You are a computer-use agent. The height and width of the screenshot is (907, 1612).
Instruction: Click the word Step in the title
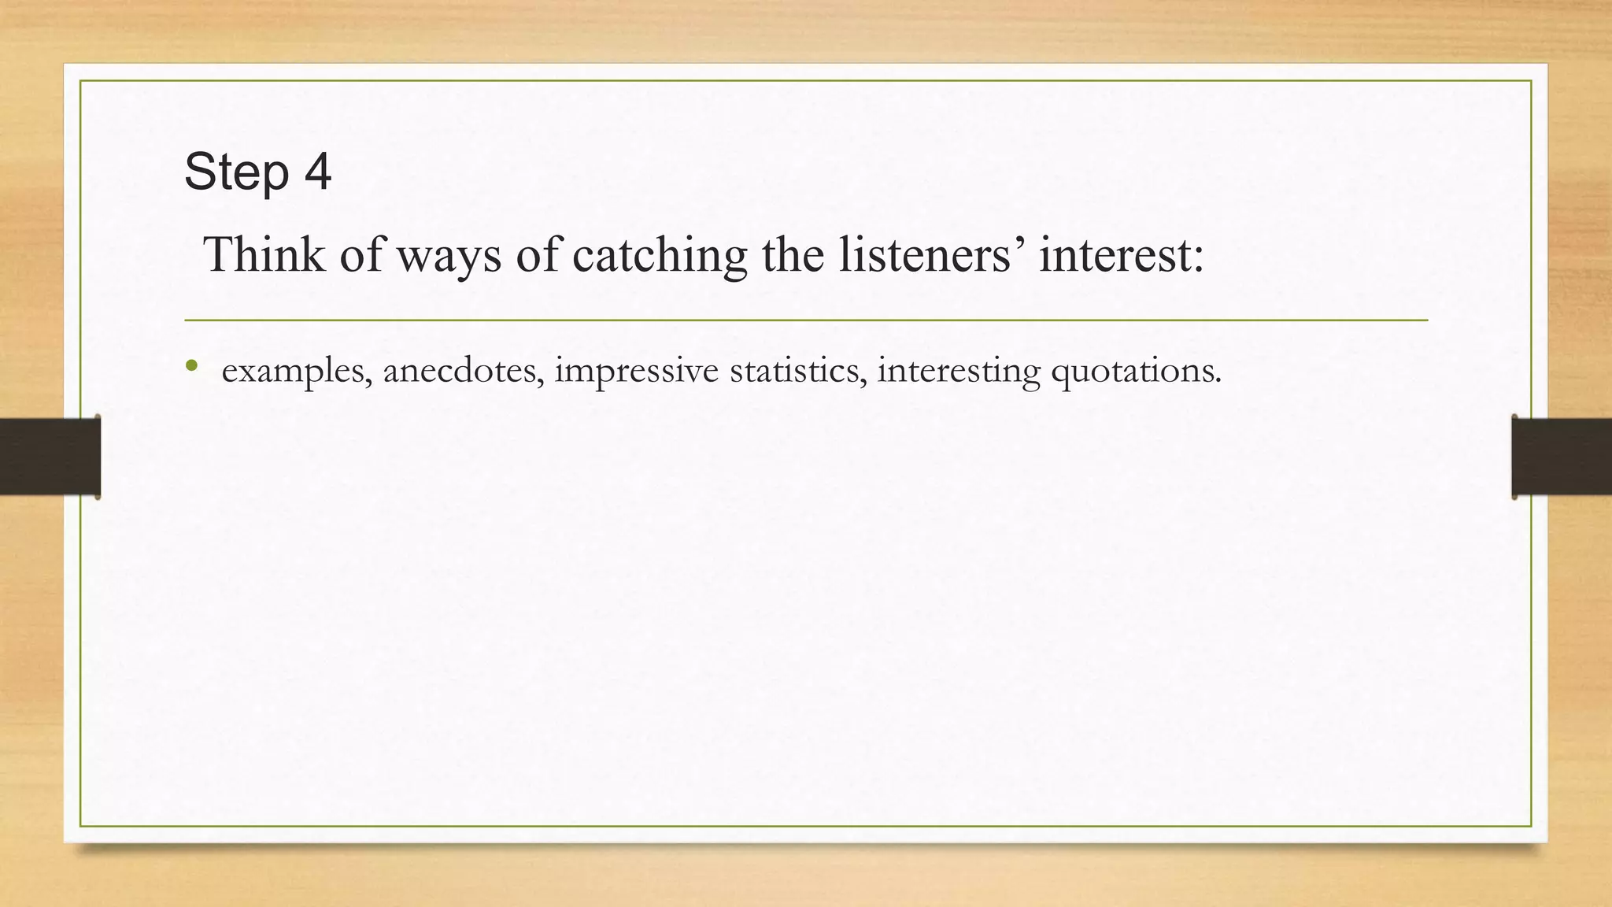[235, 172]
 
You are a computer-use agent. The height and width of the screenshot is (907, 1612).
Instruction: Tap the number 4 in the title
[317, 172]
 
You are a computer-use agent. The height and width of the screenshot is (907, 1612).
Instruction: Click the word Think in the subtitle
[264, 255]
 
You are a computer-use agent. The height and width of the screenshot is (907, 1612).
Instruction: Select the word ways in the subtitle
[448, 257]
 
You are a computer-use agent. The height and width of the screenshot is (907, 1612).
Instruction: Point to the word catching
[659, 257]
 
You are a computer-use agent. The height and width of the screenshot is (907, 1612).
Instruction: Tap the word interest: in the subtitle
[1121, 255]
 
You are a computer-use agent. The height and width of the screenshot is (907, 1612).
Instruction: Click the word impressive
[636, 371]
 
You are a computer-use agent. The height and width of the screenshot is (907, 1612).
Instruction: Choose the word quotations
[1134, 371]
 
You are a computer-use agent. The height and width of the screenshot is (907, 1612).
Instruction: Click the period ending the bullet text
[1218, 381]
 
